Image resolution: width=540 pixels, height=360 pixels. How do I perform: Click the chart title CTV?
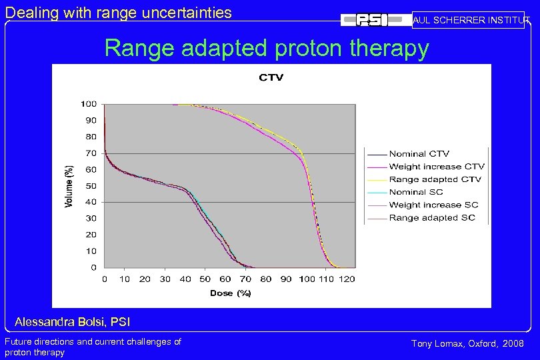[271, 77]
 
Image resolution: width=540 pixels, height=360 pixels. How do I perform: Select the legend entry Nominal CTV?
[419, 154]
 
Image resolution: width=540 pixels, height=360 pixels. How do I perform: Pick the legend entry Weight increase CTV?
[436, 167]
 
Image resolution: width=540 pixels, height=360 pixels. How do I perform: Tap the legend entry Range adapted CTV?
[435, 179]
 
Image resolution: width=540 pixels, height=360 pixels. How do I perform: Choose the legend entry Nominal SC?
[416, 192]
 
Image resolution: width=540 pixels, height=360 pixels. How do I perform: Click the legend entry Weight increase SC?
[433, 205]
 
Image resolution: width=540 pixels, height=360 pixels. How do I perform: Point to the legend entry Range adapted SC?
[432, 217]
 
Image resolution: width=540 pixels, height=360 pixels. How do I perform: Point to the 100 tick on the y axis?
[89, 104]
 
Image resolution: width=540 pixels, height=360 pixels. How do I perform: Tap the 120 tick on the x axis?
[347, 279]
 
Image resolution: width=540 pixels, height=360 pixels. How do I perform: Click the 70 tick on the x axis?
[245, 279]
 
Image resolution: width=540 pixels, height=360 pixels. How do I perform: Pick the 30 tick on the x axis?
[165, 279]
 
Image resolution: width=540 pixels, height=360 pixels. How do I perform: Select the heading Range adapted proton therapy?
[267, 49]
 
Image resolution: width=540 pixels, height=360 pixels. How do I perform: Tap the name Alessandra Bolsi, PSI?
[72, 323]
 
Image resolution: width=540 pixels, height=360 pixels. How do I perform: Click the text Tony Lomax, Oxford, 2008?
[467, 343]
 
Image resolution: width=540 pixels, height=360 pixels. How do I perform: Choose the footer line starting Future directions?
[93, 341]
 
